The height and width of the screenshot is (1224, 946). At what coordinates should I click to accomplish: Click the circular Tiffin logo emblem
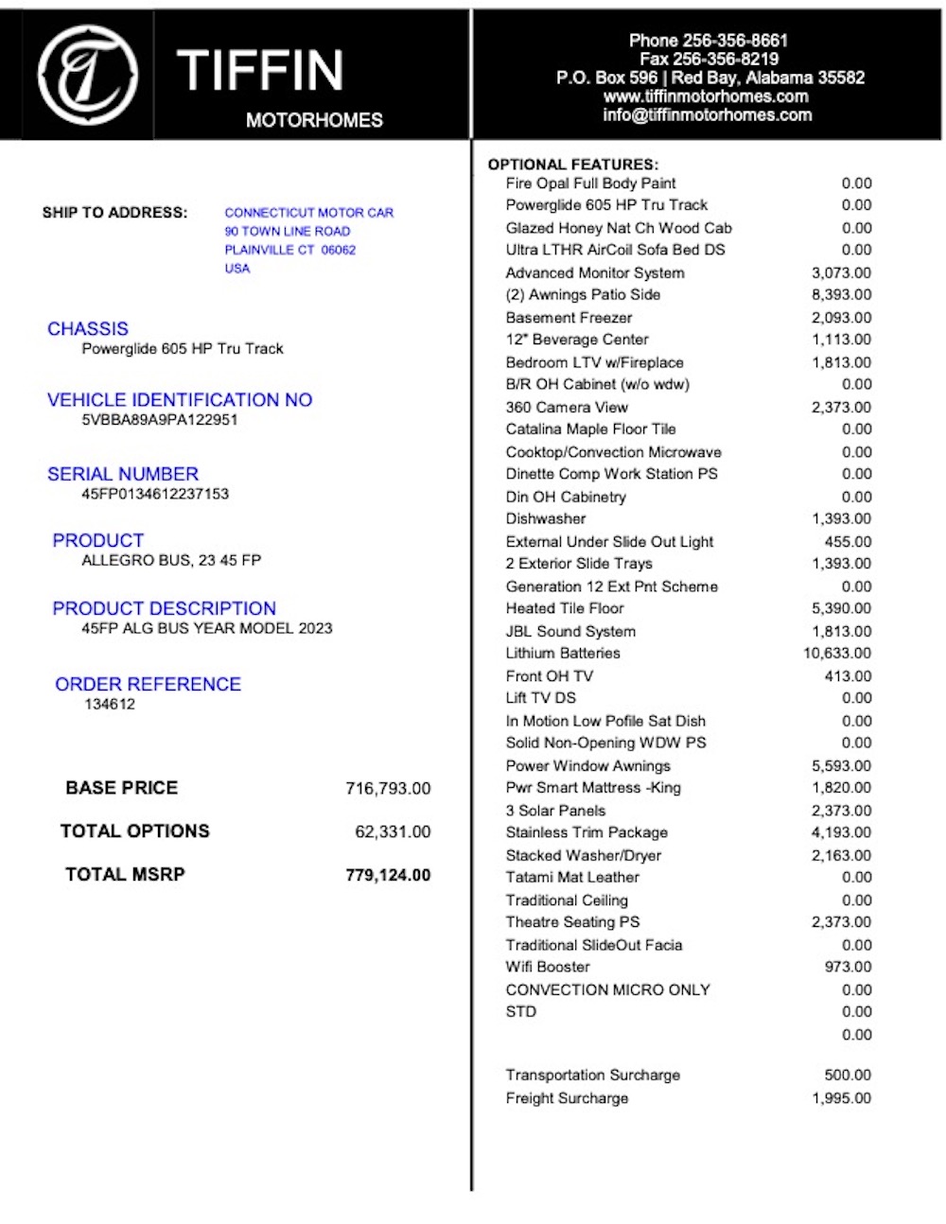(x=87, y=76)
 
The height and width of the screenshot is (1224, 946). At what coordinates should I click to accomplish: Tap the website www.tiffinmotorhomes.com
(x=706, y=96)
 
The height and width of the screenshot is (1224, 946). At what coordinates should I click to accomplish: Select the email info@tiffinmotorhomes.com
(x=707, y=115)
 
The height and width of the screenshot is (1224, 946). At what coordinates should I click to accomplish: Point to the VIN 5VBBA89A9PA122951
(x=160, y=420)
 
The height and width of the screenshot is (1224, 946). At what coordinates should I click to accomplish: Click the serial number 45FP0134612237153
(x=155, y=494)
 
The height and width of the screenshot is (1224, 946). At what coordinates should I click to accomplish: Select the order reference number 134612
(x=110, y=705)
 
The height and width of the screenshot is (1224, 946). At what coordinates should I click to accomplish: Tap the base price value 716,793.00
(x=388, y=789)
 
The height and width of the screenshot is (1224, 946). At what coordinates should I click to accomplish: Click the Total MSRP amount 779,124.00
(x=388, y=876)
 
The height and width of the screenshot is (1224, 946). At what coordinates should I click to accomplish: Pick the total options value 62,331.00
(x=393, y=832)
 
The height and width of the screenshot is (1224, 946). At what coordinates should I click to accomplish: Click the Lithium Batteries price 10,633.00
(x=837, y=654)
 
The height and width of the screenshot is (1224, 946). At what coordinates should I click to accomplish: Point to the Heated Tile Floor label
(x=565, y=609)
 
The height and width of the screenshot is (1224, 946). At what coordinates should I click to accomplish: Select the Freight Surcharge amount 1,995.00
(x=841, y=1099)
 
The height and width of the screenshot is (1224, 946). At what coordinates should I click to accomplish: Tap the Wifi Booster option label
(x=548, y=968)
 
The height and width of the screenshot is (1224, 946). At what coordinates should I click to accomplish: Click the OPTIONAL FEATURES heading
(x=572, y=165)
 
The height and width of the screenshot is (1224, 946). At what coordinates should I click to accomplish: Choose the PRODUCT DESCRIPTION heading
(x=165, y=609)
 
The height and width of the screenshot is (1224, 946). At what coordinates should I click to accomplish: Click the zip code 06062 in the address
(x=339, y=251)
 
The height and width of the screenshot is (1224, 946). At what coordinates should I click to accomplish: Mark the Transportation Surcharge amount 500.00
(x=848, y=1075)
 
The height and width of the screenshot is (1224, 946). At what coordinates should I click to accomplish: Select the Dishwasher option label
(x=546, y=519)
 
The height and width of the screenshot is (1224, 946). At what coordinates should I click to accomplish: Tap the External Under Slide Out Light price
(x=848, y=542)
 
